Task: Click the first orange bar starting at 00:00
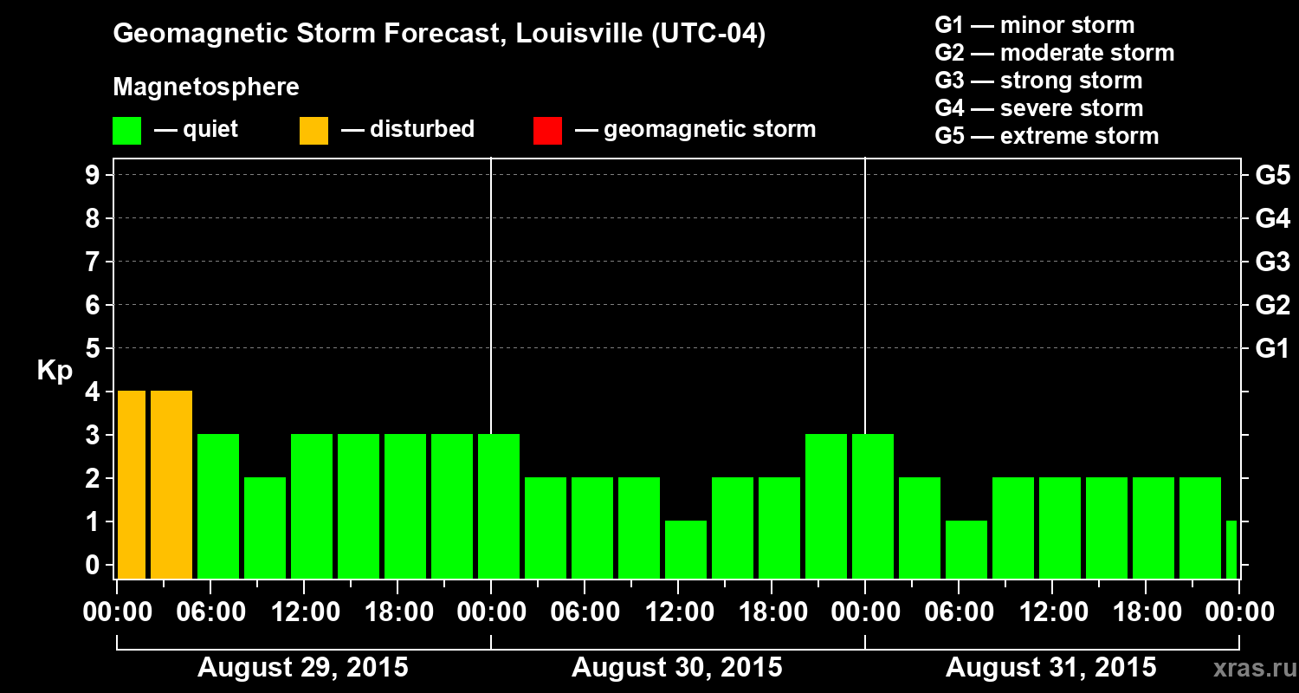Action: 132,485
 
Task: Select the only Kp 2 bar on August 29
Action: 265,528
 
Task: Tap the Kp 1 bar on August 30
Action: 686,549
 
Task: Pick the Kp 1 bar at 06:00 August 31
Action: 966,549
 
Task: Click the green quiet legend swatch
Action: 126,130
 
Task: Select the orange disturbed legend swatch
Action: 313,130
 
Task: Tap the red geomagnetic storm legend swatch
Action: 547,130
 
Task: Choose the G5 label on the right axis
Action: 1272,175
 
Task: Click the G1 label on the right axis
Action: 1272,349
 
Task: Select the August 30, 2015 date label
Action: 676,668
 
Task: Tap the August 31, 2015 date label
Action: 1050,668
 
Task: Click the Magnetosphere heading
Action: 206,87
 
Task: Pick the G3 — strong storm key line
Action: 1038,81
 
